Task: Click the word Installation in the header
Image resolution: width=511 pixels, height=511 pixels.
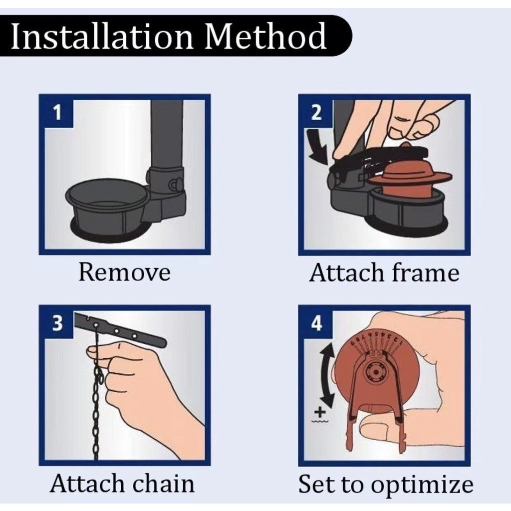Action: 102,36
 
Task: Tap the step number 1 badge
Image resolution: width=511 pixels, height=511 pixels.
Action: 57,113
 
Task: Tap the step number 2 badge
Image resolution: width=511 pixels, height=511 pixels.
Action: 316,113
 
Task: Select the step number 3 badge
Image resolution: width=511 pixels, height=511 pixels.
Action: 57,323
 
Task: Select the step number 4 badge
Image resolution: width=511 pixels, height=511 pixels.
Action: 316,323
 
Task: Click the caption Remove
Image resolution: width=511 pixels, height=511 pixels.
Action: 124,272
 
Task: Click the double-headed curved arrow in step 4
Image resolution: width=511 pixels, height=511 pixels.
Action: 326,374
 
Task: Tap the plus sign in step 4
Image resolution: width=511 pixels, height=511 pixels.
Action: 320,413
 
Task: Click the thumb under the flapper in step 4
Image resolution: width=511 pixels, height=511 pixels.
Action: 381,428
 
